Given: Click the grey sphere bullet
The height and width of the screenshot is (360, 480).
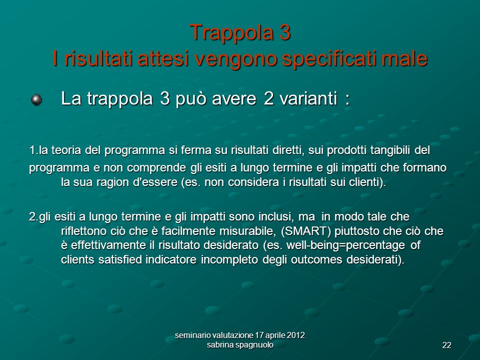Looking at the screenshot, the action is (36, 99).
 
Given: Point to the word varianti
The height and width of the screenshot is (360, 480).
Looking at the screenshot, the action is (308, 98).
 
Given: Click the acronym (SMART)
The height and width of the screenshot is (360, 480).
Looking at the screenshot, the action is (306, 231).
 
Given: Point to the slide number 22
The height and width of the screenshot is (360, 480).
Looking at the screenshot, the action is (446, 345).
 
